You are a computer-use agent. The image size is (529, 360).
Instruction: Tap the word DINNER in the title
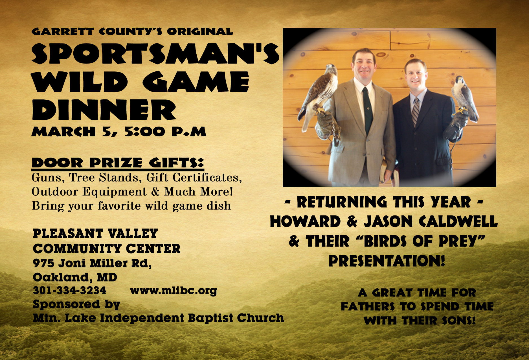104,110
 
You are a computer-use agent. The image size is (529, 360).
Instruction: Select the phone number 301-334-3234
70,290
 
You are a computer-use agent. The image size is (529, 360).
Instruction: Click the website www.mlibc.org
174,291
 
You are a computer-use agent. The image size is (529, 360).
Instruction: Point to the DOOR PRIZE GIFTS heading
118,163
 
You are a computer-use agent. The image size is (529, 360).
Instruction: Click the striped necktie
416,112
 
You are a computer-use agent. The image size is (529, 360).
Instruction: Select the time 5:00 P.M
165,132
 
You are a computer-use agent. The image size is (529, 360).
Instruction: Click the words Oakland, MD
75,277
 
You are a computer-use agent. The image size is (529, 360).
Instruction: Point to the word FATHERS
368,307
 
